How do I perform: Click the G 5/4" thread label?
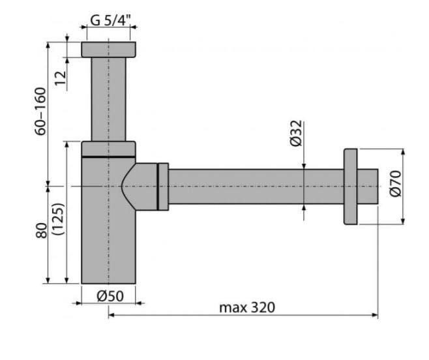(x=111, y=20)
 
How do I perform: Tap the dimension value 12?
(x=61, y=78)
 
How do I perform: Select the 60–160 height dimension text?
(x=40, y=111)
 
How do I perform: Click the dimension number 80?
(x=41, y=230)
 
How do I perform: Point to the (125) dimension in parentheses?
(x=59, y=218)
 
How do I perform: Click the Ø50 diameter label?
(x=110, y=296)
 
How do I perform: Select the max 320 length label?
(x=247, y=307)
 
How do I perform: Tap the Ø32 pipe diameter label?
(x=296, y=133)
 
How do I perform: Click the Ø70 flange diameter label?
(x=395, y=183)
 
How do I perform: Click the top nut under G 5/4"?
(x=108, y=50)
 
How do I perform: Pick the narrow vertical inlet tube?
(x=109, y=99)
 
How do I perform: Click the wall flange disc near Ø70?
(x=351, y=187)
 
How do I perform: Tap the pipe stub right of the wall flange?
(x=368, y=187)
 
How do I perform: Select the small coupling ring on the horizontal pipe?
(x=163, y=187)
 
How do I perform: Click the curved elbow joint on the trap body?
(x=140, y=187)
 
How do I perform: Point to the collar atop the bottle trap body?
(x=108, y=149)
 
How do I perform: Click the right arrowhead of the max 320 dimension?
(x=375, y=315)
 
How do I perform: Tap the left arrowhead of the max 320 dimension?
(x=111, y=315)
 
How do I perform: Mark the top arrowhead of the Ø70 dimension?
(x=403, y=152)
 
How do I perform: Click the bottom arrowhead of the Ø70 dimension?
(x=403, y=221)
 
